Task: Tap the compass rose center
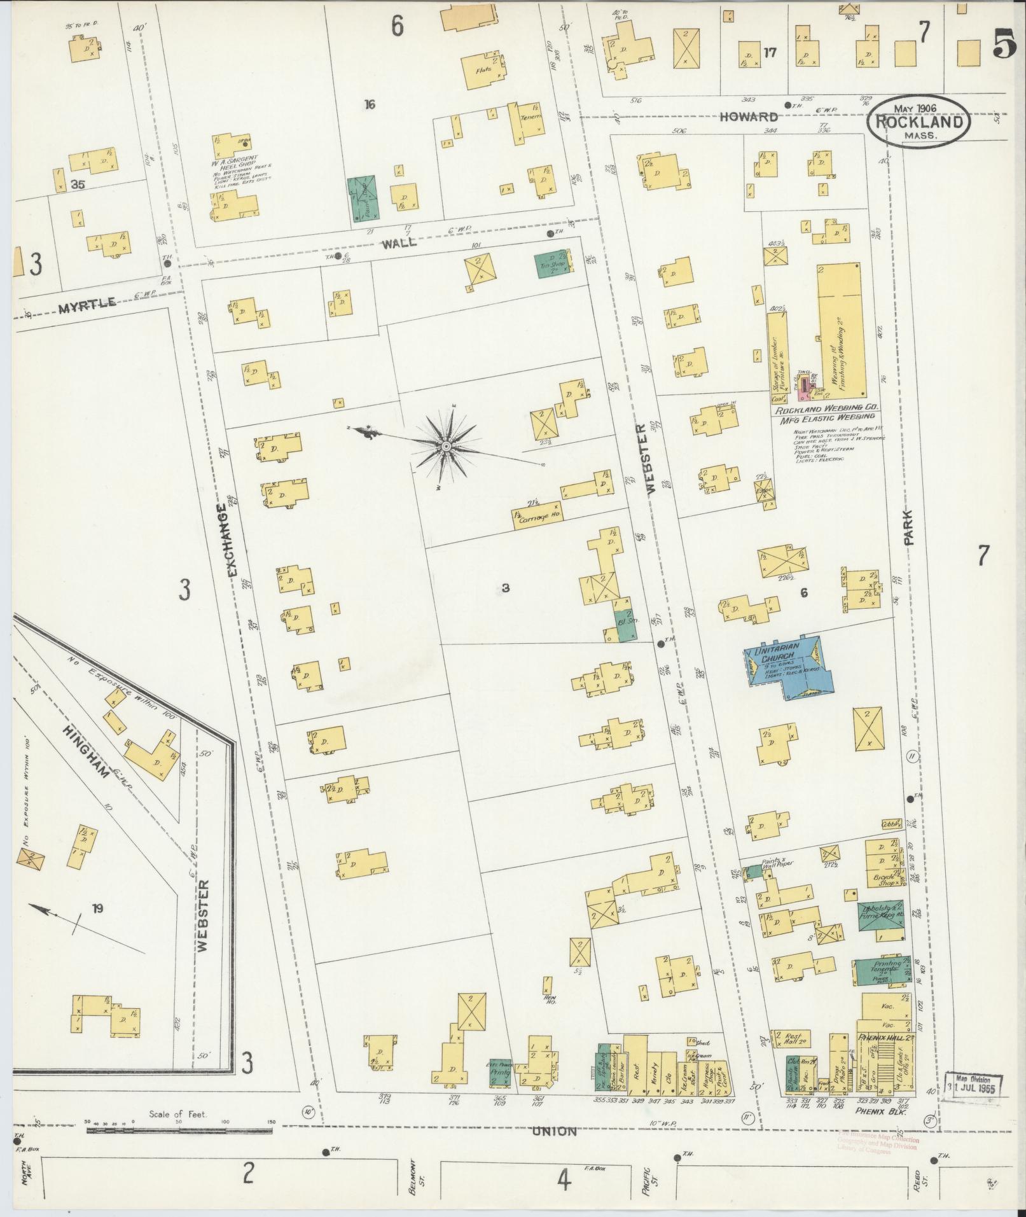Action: [x=446, y=447]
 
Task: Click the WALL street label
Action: [x=399, y=242]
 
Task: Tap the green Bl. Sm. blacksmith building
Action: [x=624, y=618]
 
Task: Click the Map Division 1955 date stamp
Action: [x=974, y=1083]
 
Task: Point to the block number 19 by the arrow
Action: [x=97, y=908]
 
